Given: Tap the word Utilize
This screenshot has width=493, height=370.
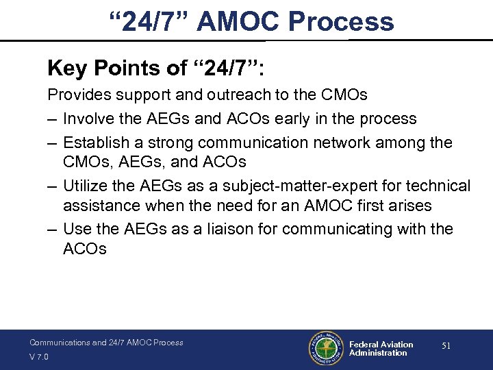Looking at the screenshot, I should [x=86, y=186].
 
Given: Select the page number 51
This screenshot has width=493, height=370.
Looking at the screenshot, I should [x=446, y=347].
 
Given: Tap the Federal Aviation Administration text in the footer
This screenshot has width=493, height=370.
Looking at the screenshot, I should [x=381, y=349].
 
